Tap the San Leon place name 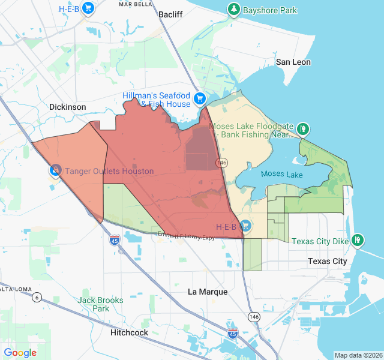pos(293,62)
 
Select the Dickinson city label pos(67,107)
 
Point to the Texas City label pos(327,261)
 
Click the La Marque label pos(208,292)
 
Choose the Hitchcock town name pos(129,332)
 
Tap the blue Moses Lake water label pos(282,175)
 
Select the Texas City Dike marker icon pos(358,240)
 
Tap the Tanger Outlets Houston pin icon pos(55,170)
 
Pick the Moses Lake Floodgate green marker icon pos(304,128)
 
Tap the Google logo pos(20,353)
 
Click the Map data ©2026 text pos(358,355)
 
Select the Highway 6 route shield pos(37,297)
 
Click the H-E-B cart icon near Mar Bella pos(88,8)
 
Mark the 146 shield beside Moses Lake pos(223,163)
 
